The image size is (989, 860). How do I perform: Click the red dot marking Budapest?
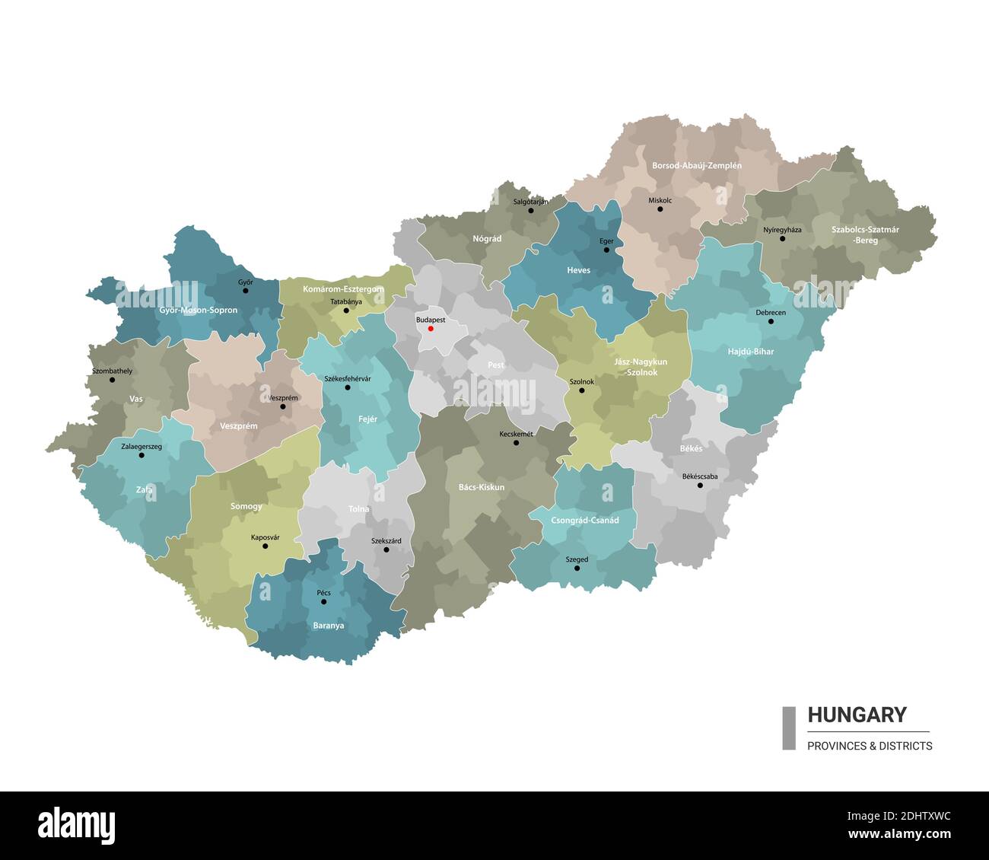point(431,329)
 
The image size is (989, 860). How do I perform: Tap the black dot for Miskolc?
point(660,209)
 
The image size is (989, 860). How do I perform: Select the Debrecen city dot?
point(771,321)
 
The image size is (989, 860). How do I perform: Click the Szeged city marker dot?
point(577,569)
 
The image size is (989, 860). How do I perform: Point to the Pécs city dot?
point(323,602)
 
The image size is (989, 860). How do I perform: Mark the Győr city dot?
point(245,291)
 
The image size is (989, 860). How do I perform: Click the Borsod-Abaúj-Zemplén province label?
point(696,165)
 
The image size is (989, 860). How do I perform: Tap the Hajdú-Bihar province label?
point(750,352)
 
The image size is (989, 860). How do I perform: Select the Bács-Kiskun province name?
point(481,487)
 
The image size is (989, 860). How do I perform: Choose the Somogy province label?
point(246,506)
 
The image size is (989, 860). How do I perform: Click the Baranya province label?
point(328,626)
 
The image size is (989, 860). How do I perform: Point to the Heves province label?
point(578,270)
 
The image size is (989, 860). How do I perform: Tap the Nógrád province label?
point(487,238)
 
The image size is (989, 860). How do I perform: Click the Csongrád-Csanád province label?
point(584,521)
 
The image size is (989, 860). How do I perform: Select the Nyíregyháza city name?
point(782,229)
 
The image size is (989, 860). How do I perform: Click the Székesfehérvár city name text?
point(347,378)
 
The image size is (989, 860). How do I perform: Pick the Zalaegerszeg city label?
point(142,446)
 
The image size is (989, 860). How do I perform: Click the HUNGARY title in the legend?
point(857,715)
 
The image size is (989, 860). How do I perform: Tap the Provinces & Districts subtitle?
point(870,746)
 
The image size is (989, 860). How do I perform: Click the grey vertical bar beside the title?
point(789,728)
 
